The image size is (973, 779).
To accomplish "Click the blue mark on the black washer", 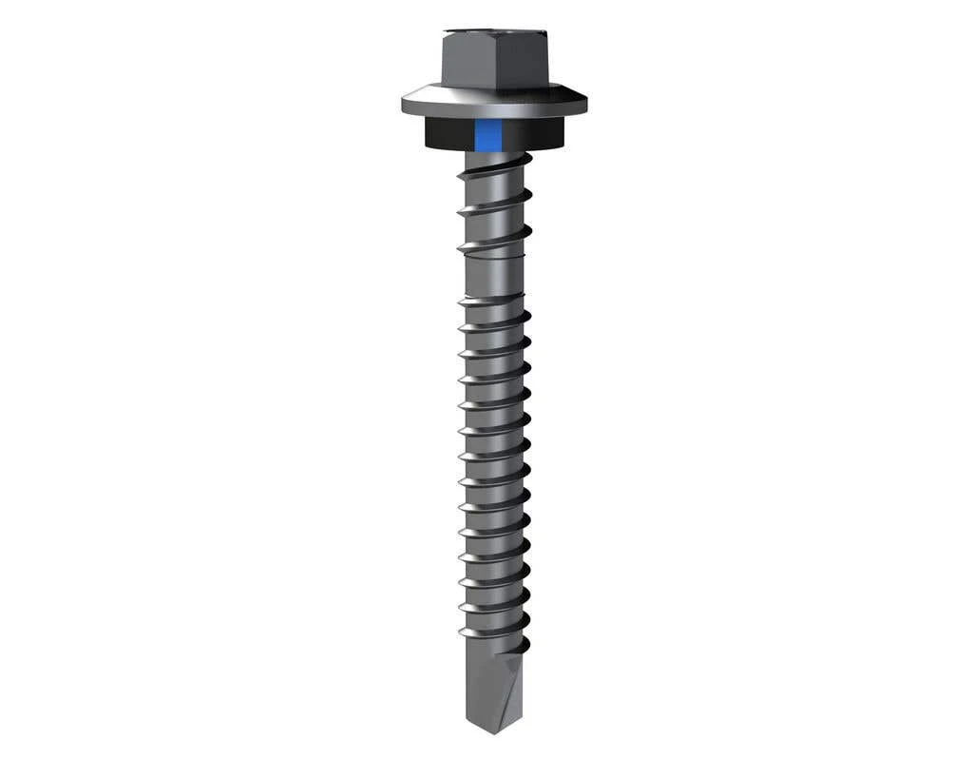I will pos(487,136).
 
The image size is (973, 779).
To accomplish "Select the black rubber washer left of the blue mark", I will pos(447,134).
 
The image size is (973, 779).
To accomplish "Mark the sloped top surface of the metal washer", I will pos(494,95).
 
